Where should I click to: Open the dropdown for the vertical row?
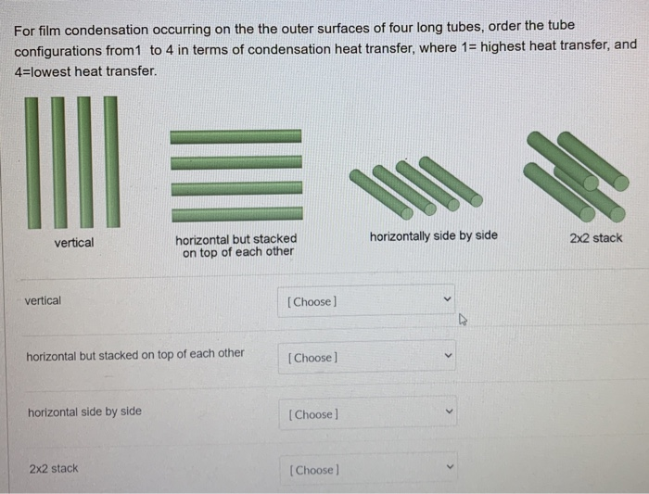coord(366,300)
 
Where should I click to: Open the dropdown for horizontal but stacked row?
coord(366,357)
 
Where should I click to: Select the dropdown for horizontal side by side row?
coord(366,413)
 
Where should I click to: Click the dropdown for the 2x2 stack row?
coord(366,469)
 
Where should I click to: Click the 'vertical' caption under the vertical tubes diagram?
coord(73,242)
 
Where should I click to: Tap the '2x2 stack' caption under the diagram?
coord(595,237)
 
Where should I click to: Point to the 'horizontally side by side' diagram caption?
coord(433,235)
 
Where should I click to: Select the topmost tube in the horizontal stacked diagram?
coord(235,135)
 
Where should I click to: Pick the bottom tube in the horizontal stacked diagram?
coord(236,214)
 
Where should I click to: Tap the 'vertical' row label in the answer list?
coord(43,300)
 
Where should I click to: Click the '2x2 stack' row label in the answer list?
coord(53,468)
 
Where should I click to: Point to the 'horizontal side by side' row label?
coord(84,412)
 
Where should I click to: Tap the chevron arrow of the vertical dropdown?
coord(446,300)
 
